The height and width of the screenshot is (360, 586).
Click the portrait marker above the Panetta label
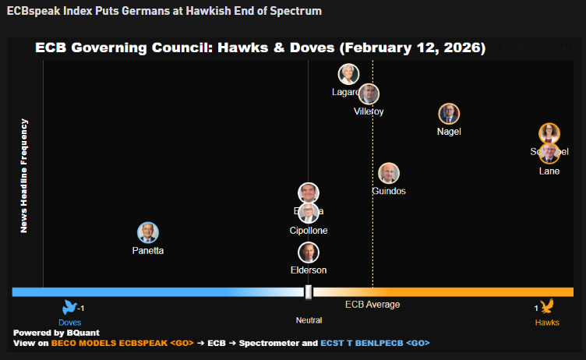[148, 232]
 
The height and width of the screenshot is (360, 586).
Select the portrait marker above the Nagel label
[449, 114]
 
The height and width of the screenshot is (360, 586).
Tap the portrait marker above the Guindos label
[389, 174]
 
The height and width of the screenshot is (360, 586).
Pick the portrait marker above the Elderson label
[309, 252]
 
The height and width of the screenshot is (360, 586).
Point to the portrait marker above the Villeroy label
[369, 94]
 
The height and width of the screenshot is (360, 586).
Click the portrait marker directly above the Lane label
[549, 152]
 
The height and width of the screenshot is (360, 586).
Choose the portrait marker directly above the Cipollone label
[309, 213]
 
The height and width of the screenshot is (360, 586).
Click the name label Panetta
[148, 251]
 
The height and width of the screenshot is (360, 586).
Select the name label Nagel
[449, 132]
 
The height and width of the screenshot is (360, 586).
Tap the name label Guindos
[389, 192]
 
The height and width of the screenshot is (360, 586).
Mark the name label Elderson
[309, 270]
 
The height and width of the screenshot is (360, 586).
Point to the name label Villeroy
[369, 112]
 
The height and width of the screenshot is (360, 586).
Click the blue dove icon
[70, 307]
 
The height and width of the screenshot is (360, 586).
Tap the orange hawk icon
[547, 306]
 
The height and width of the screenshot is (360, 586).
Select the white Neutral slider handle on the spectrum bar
[309, 291]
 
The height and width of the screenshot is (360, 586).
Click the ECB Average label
[372, 305]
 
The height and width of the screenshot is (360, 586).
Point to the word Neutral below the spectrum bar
[309, 320]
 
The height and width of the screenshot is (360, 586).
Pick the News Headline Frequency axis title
[24, 175]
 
